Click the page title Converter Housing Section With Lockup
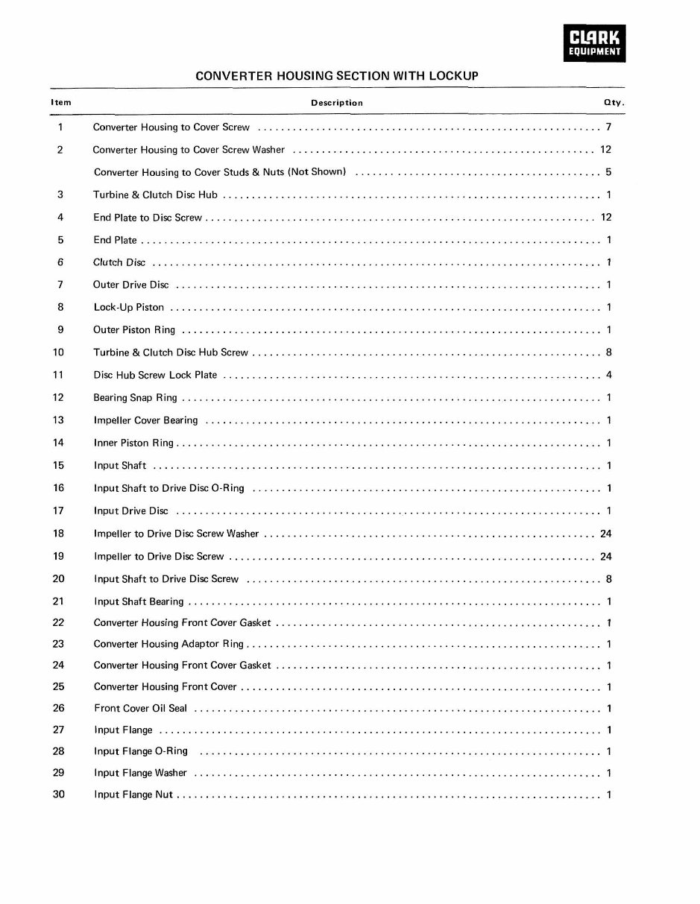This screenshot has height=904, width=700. [336, 76]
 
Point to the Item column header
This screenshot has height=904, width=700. [61, 103]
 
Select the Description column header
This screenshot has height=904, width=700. [337, 103]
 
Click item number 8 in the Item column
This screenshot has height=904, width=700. [60, 307]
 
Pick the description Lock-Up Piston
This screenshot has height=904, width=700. [129, 307]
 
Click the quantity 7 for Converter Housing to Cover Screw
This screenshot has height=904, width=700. [609, 127]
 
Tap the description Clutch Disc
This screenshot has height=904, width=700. [119, 262]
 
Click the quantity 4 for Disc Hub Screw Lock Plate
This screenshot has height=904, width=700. [609, 375]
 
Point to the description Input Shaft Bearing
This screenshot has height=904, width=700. [139, 601]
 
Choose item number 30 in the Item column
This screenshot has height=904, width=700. [59, 794]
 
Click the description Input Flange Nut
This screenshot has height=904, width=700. [133, 794]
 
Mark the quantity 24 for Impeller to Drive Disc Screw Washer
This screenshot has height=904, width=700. [605, 534]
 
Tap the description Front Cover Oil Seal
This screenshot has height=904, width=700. [141, 709]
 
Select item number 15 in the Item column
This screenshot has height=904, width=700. [59, 466]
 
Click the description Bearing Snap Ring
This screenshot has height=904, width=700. [135, 398]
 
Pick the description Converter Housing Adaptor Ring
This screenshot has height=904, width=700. [168, 644]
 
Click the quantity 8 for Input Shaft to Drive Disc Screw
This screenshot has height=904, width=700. [609, 579]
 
